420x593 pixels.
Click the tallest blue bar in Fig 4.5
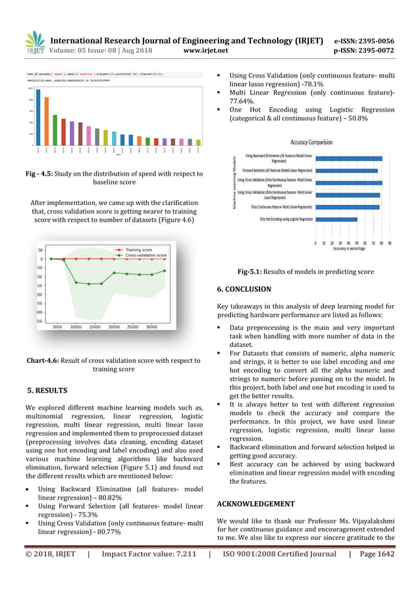(x=38, y=118)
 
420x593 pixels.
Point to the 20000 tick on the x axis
(x=114, y=326)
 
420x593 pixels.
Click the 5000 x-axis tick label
(x=57, y=326)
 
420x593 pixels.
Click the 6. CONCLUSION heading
(x=244, y=289)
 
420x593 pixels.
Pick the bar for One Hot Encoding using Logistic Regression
(x=336, y=219)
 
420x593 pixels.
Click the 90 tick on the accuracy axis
(x=390, y=243)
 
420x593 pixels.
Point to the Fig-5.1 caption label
(x=251, y=272)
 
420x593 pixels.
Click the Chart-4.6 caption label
(x=41, y=360)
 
